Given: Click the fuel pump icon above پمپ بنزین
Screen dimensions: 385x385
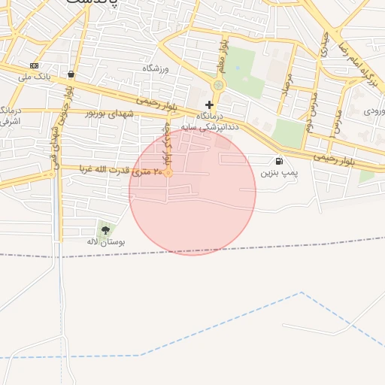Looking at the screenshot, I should pyautogui.click(x=280, y=160).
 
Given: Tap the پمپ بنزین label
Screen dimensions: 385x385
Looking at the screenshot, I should pyautogui.click(x=280, y=173).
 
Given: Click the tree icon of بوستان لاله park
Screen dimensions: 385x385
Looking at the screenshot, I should pyautogui.click(x=105, y=229).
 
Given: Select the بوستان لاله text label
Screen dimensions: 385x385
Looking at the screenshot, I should pyautogui.click(x=105, y=242).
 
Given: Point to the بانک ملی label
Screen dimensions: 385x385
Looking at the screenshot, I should pyautogui.click(x=35, y=77).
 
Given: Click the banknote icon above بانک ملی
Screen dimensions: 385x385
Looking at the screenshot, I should pyautogui.click(x=34, y=65).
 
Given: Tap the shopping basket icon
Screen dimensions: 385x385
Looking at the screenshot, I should pyautogui.click(x=71, y=74).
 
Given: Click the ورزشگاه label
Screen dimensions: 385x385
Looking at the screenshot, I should pyautogui.click(x=156, y=68).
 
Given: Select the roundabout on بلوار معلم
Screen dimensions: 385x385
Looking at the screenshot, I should pyautogui.click(x=218, y=86).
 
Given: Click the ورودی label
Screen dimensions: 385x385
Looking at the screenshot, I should pyautogui.click(x=374, y=111).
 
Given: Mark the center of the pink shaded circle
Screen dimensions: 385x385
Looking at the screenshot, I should pyautogui.click(x=192, y=192).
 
